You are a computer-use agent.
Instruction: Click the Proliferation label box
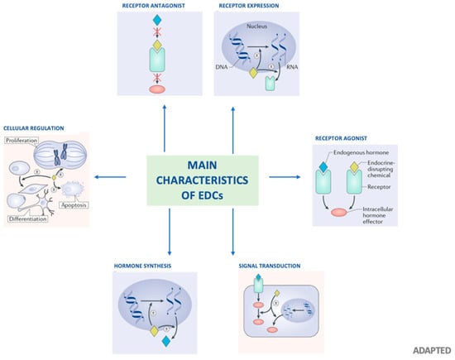(22, 142)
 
